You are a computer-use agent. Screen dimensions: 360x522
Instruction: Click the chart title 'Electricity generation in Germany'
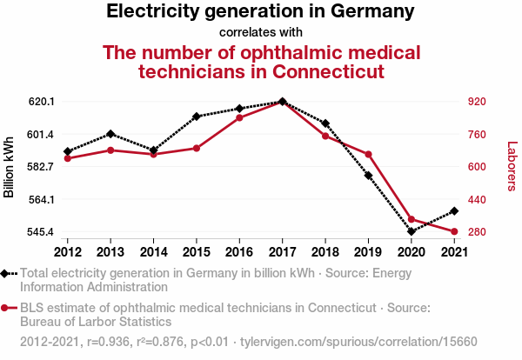click(x=260, y=12)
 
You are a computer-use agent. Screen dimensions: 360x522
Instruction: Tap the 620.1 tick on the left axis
click(x=42, y=102)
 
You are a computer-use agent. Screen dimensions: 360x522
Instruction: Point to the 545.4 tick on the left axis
click(x=42, y=232)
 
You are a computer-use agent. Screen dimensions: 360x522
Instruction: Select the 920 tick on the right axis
click(x=475, y=102)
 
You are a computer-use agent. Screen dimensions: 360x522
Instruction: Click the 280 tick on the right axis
click(x=475, y=232)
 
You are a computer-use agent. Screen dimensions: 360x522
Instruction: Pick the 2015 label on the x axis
click(x=196, y=252)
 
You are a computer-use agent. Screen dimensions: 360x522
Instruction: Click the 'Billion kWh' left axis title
click(x=10, y=167)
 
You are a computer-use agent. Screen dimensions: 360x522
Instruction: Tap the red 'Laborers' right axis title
click(x=512, y=167)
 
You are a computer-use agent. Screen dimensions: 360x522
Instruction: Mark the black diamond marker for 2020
click(x=411, y=231)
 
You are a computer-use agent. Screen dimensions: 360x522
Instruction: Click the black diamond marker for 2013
click(x=110, y=134)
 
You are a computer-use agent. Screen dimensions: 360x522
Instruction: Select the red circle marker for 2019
click(x=368, y=155)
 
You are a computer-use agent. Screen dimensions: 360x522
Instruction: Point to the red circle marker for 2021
click(x=453, y=231)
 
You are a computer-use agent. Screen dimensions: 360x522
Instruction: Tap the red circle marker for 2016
click(x=239, y=117)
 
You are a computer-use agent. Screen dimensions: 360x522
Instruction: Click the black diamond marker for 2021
click(x=453, y=211)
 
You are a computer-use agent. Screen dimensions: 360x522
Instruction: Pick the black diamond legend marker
click(x=6, y=273)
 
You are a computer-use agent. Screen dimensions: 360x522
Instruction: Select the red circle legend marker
click(x=6, y=307)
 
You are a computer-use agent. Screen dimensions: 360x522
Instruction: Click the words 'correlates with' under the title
click(x=260, y=32)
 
